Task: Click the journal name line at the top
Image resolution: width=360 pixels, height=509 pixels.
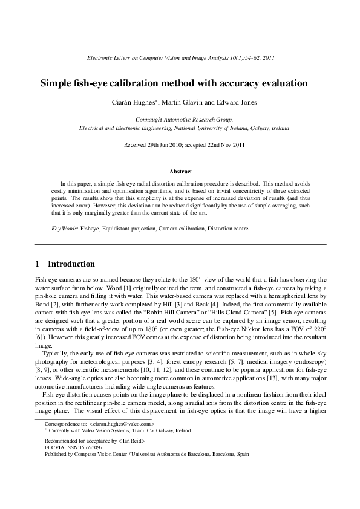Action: (180, 58)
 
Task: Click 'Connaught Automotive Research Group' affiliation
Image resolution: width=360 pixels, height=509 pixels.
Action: (180, 120)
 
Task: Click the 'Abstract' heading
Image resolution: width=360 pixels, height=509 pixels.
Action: (180, 172)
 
